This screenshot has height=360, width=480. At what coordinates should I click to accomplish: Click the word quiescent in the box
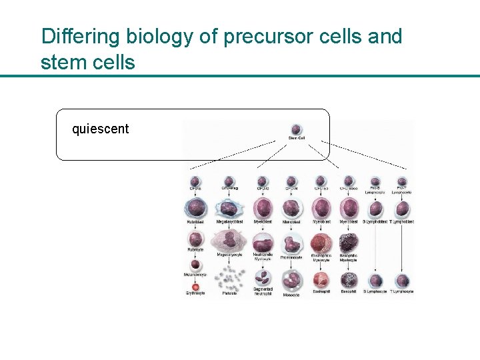(100, 129)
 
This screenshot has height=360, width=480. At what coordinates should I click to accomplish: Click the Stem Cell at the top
(297, 129)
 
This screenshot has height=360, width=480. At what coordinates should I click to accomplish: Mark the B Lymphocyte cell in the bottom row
(376, 281)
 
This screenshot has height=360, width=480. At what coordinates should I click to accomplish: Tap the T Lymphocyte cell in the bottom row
(401, 281)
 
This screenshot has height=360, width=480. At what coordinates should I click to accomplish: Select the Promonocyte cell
(291, 243)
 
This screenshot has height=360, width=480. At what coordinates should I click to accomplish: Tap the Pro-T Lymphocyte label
(401, 191)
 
